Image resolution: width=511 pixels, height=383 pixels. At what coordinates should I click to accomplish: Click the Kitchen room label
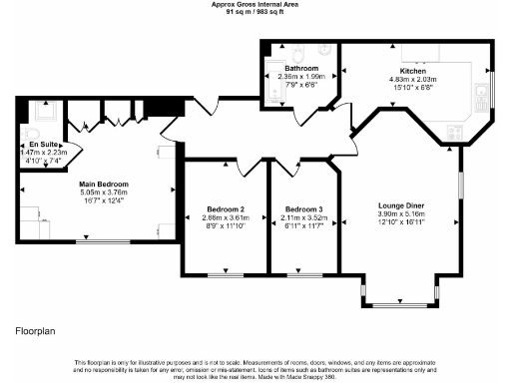coord(413,72)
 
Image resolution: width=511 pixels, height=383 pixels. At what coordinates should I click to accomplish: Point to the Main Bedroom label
coord(105,185)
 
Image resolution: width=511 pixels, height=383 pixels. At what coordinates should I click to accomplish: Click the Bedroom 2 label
coord(224,209)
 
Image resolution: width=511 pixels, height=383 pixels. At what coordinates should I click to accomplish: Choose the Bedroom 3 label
coord(303,209)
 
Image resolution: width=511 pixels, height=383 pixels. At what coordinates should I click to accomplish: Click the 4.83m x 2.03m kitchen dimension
coord(413,80)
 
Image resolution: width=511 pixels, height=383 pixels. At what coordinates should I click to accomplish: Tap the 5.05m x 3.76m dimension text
coord(105,193)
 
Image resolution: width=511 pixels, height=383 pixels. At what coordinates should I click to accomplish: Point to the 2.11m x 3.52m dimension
coord(303,217)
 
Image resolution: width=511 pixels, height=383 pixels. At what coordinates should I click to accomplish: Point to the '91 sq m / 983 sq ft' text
coord(255,11)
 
